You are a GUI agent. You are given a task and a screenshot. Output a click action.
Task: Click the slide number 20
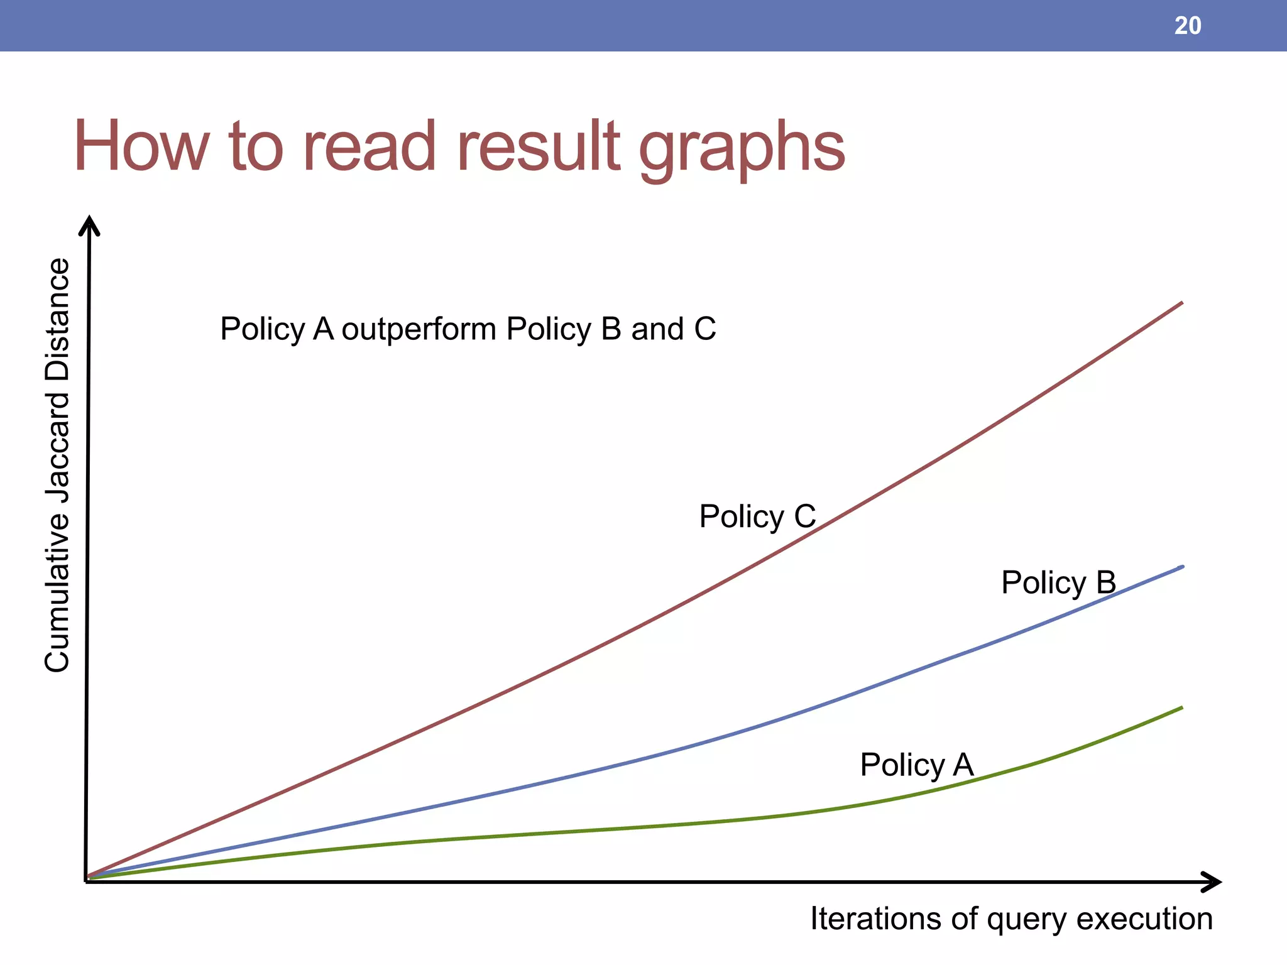(x=1187, y=26)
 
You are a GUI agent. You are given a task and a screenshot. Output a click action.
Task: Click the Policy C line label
(x=757, y=516)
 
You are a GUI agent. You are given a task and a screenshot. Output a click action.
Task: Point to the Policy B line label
(x=1058, y=582)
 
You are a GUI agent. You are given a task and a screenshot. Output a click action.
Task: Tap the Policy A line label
(x=916, y=765)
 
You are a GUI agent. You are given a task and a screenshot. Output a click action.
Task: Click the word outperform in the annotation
(x=419, y=329)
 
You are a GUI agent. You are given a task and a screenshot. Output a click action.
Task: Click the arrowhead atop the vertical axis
(x=89, y=225)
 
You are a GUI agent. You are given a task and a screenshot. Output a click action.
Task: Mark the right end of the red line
(x=1181, y=303)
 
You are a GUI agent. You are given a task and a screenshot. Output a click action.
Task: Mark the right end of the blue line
(x=1181, y=567)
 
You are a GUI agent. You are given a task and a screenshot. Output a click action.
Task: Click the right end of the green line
(x=1181, y=708)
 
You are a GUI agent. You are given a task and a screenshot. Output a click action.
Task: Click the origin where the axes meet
(x=87, y=881)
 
